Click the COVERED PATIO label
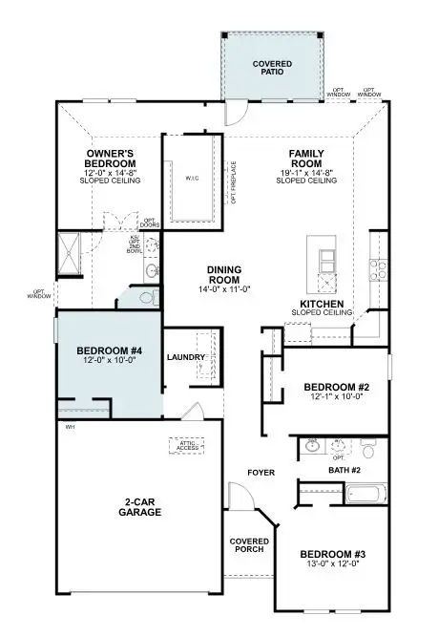pyautogui.click(x=272, y=69)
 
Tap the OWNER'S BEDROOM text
pyautogui.click(x=111, y=159)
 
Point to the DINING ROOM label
pyautogui.click(x=224, y=276)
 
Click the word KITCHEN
pyautogui.click(x=322, y=305)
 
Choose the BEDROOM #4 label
pyautogui.click(x=109, y=351)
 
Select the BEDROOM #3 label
pyautogui.click(x=331, y=555)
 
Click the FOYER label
pyautogui.click(x=261, y=473)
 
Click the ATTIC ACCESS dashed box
pyautogui.click(x=188, y=443)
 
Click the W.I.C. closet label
pyautogui.click(x=192, y=179)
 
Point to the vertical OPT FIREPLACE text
pyautogui.click(x=232, y=181)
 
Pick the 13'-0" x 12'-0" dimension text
pyautogui.click(x=331, y=566)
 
